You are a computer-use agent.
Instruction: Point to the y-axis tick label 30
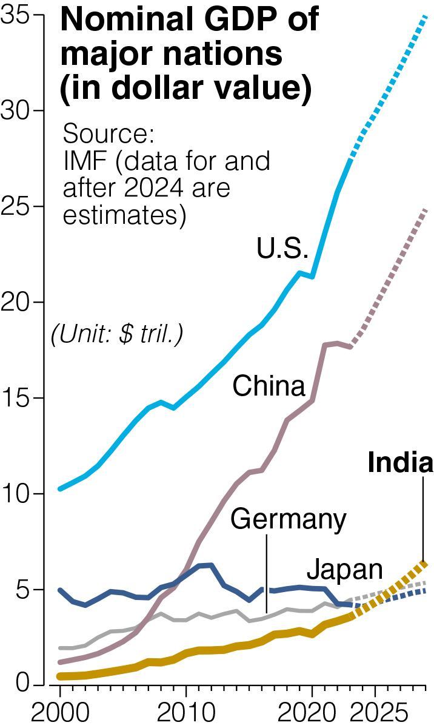pyautogui.click(x=18, y=110)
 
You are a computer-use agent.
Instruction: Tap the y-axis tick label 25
pyautogui.click(x=18, y=206)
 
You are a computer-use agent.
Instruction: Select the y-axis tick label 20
pyautogui.click(x=18, y=302)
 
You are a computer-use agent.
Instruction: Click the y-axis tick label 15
pyautogui.click(x=18, y=398)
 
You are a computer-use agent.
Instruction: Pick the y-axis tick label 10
pyautogui.click(x=18, y=493)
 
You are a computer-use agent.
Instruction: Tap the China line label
pyautogui.click(x=269, y=386)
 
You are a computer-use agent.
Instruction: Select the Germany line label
pyautogui.click(x=289, y=519)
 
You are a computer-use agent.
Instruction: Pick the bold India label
pyautogui.click(x=401, y=463)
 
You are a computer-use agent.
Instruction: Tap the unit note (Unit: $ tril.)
pyautogui.click(x=117, y=334)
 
